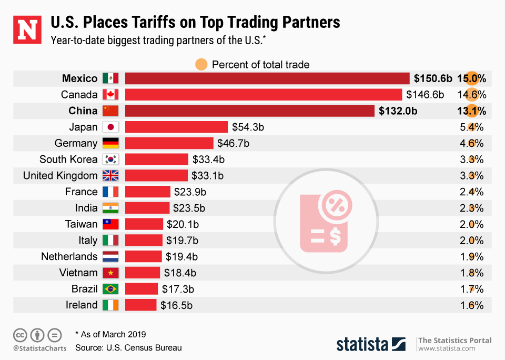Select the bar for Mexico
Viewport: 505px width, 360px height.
coord(267,78)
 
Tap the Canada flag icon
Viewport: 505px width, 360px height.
coord(110,95)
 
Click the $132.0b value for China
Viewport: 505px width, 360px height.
coord(399,111)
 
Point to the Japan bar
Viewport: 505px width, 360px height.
coord(176,127)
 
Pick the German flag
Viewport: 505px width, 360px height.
coord(110,143)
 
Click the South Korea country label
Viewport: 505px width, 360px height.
coord(68,159)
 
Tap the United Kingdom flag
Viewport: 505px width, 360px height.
coord(110,176)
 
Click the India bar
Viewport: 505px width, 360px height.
coord(147,208)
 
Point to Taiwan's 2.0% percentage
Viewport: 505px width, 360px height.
coord(472,224)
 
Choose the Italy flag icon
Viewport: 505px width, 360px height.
coord(110,241)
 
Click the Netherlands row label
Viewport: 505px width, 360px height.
coord(69,257)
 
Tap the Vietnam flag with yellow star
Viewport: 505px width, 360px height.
coord(110,273)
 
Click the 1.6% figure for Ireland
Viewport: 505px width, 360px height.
coord(472,305)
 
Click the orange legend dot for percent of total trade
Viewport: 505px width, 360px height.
coord(201,65)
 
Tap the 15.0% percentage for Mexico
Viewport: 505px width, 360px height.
coord(471,78)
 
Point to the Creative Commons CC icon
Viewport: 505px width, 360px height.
coord(21,335)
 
